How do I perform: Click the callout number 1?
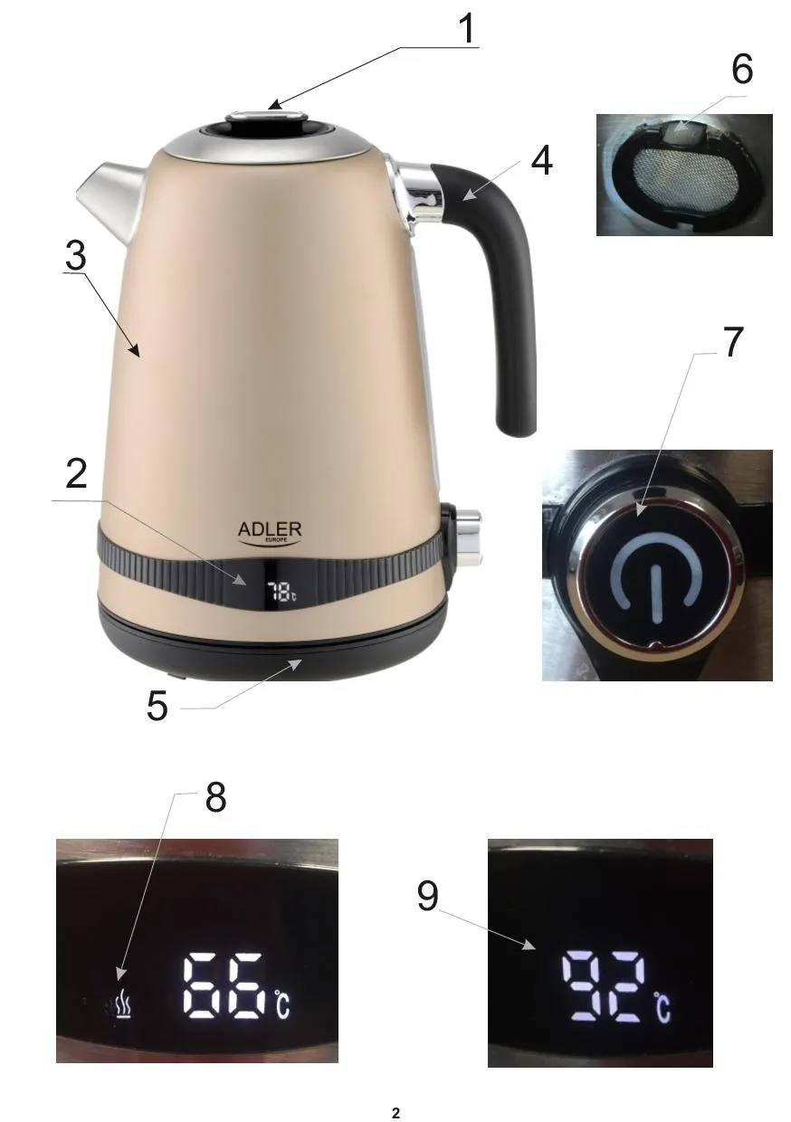[467, 29]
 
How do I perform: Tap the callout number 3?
[76, 255]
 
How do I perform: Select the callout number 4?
[541, 161]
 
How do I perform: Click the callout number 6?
[742, 69]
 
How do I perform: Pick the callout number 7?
[733, 342]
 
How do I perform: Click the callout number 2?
[76, 473]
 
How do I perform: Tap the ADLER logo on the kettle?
[270, 532]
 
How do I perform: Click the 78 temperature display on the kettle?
[281, 592]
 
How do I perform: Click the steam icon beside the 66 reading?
[124, 1008]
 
